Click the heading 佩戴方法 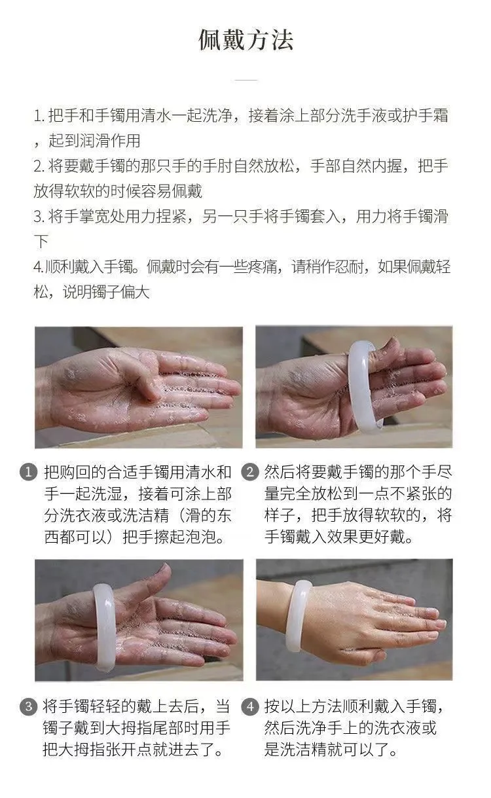click(x=245, y=40)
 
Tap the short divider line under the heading click(x=246, y=80)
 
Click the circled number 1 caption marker click(x=29, y=473)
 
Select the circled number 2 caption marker click(x=250, y=472)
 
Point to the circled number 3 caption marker click(x=29, y=706)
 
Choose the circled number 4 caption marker click(x=250, y=706)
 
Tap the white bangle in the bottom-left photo click(x=104, y=627)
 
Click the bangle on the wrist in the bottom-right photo click(x=299, y=615)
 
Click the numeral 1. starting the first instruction click(x=39, y=116)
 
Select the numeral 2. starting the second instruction click(x=39, y=166)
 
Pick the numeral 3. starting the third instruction click(x=39, y=217)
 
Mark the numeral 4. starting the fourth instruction click(x=39, y=267)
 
